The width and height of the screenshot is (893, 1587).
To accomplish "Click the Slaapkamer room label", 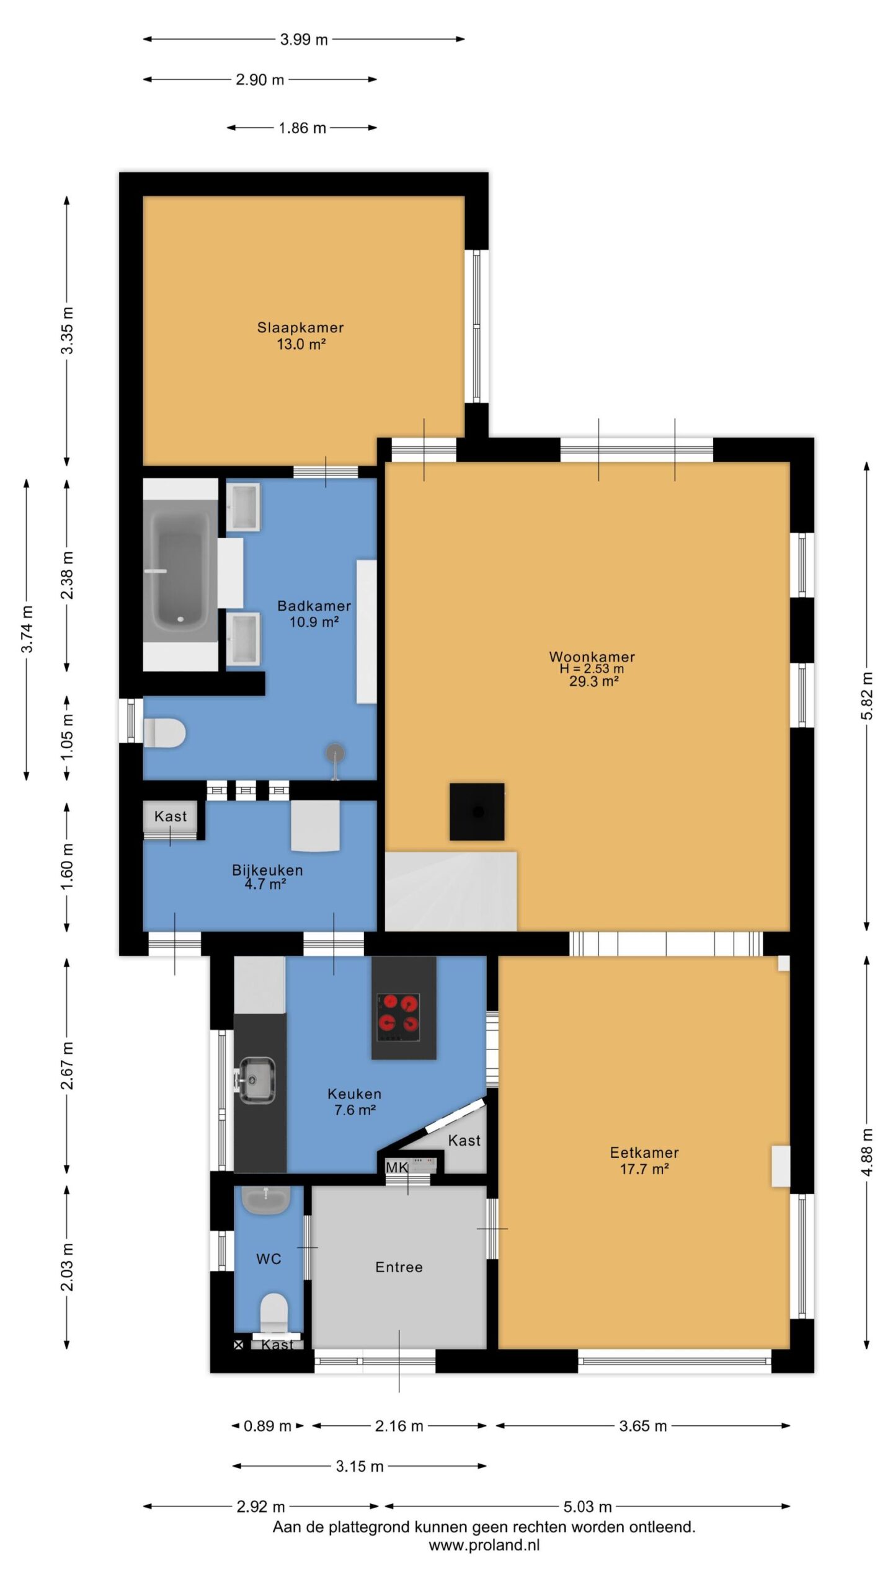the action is (300, 327).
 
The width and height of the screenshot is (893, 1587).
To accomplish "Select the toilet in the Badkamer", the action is (164, 733).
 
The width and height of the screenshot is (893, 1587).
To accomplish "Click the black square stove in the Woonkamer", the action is (476, 811).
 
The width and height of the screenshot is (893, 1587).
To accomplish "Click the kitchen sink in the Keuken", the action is (255, 1080).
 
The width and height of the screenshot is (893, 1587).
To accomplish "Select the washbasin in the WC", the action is (265, 1201).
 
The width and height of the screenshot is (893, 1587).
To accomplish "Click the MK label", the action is (396, 1168).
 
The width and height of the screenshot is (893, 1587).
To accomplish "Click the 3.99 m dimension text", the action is (304, 40).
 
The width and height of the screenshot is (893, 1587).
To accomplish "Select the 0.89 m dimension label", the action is (267, 1426).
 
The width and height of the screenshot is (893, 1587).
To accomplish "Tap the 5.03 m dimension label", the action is (587, 1506).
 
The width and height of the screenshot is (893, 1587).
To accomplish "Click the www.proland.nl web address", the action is (484, 1545).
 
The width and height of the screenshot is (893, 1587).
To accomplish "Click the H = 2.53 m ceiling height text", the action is (592, 669).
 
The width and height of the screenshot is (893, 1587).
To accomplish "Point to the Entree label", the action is (399, 1267).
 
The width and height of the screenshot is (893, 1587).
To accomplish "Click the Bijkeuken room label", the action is (267, 870).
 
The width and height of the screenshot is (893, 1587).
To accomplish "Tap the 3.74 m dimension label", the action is (27, 629).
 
